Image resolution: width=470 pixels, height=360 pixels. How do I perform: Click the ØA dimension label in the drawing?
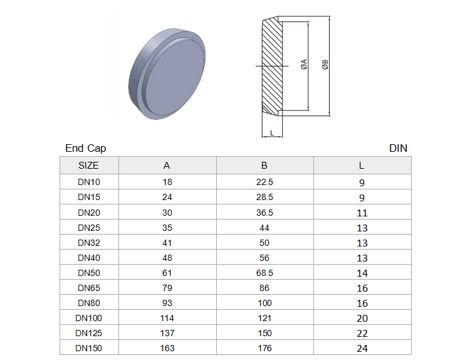304,64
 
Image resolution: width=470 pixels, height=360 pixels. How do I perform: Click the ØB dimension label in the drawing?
325,65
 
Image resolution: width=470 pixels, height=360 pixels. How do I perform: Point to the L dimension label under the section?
272,132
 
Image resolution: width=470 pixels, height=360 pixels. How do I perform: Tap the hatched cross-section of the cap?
272,66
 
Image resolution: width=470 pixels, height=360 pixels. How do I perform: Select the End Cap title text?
86,148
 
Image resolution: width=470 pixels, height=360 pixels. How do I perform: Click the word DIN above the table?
398,148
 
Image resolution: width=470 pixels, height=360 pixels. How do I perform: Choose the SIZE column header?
88,166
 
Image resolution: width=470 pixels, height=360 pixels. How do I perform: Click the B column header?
264,166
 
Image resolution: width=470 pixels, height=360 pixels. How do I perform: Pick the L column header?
362,166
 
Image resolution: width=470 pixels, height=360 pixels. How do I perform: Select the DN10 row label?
89,182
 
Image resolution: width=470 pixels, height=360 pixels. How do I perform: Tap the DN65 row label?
89,288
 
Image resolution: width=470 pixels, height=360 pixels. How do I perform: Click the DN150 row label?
88,348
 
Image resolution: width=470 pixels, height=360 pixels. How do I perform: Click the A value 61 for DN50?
167,273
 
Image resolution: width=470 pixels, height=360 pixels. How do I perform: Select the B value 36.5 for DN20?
264,213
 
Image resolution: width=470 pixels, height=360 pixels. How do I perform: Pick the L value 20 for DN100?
362,319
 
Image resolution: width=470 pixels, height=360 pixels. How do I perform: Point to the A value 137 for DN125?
167,333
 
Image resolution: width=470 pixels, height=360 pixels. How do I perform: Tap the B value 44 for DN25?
264,228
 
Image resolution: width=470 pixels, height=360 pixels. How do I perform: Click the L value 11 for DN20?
362,213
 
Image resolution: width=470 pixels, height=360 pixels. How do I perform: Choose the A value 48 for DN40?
167,258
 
